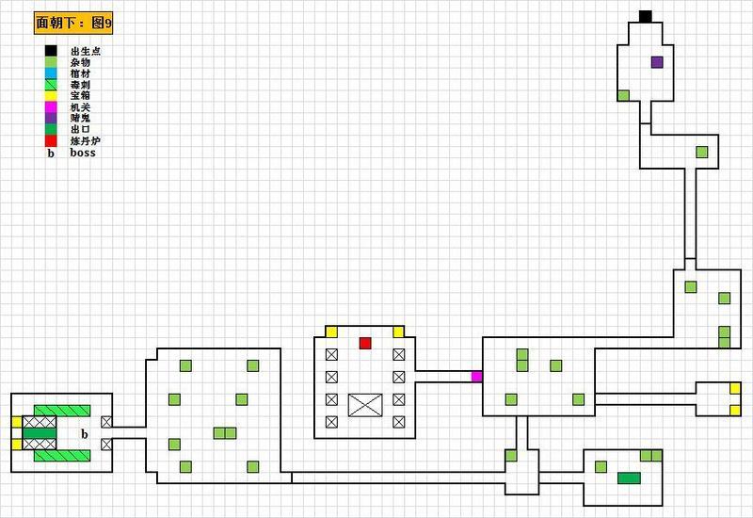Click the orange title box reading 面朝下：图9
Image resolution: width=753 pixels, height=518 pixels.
[x=73, y=23]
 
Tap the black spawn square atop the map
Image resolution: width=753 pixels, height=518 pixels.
[x=646, y=16]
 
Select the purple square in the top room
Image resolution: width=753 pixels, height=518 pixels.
[x=657, y=62]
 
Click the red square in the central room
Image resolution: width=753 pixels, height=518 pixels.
[x=365, y=343]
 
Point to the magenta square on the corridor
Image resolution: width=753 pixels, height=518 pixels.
[x=476, y=377]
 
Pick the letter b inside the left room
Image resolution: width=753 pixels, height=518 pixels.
[x=85, y=434]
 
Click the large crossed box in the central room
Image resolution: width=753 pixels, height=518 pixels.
[x=365, y=405]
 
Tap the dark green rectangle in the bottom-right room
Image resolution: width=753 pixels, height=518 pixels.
[x=629, y=478]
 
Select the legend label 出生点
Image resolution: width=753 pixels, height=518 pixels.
[x=86, y=51]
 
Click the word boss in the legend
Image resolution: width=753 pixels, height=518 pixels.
[x=83, y=153]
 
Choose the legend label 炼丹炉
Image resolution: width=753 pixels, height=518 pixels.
[x=86, y=141]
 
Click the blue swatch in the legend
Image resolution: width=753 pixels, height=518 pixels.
[x=51, y=73]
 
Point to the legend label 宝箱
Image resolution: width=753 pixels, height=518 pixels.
[x=80, y=96]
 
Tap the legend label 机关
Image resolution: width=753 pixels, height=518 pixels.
[x=80, y=107]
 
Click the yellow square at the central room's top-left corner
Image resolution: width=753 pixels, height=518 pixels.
[x=331, y=332]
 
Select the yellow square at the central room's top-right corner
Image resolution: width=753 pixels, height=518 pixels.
[x=398, y=332]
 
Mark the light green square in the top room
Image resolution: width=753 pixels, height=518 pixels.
[x=623, y=96]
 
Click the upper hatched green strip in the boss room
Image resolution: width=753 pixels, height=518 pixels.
[x=62, y=411]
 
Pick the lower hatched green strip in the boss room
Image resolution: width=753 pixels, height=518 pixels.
[x=62, y=456]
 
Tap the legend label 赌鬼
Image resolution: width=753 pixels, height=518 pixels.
[x=80, y=119]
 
